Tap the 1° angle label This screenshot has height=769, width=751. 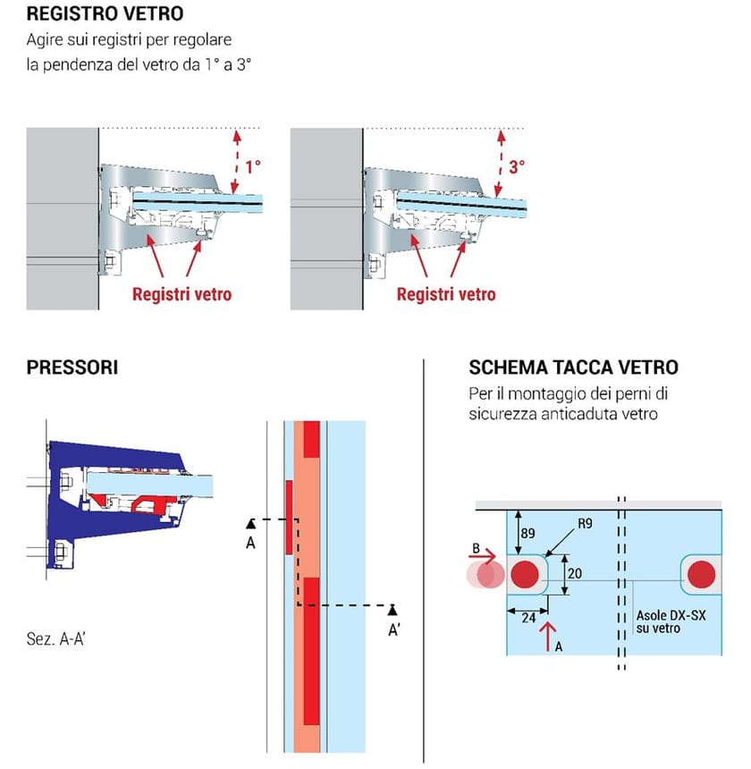[x=253, y=166]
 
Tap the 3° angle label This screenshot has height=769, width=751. [x=518, y=166]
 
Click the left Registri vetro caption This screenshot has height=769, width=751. [x=181, y=294]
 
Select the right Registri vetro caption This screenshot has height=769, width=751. [x=446, y=294]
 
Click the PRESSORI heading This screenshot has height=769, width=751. [x=73, y=368]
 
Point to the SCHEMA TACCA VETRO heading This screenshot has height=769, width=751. [x=573, y=368]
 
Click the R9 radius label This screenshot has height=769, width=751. [x=585, y=524]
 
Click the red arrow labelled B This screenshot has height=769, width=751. [x=484, y=554]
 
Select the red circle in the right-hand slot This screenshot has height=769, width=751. [x=704, y=573]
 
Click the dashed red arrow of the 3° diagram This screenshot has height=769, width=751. [x=500, y=161]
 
